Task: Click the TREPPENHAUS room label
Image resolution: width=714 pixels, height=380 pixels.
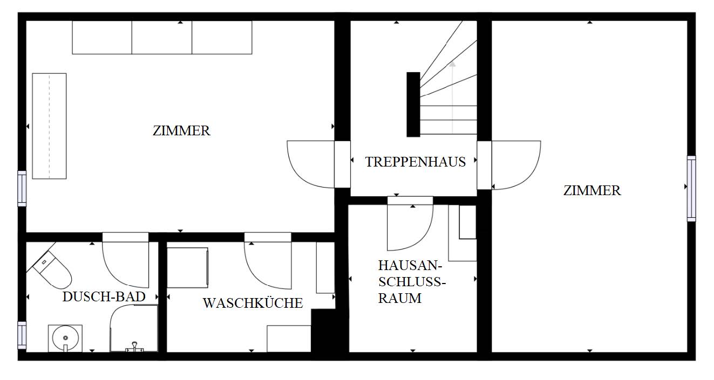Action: click(416, 162)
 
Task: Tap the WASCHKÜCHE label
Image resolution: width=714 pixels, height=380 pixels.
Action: click(253, 303)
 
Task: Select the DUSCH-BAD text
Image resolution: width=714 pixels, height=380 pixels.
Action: click(104, 296)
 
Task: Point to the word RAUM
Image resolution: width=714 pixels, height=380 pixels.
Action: click(400, 298)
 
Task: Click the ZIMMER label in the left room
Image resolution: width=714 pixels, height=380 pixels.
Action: click(181, 130)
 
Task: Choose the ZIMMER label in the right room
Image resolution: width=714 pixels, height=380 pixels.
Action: click(592, 190)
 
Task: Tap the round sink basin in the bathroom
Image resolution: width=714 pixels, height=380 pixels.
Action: click(65, 338)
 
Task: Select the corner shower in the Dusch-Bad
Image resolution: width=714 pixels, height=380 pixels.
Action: click(134, 328)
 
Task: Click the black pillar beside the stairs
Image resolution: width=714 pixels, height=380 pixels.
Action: click(413, 105)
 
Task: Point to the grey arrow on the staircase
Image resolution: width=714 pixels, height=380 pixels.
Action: click(452, 97)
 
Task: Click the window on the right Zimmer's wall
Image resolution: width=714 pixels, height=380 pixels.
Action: click(691, 189)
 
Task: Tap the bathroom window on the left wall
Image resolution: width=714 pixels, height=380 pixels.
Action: click(22, 335)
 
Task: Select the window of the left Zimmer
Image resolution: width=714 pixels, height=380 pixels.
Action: click(22, 189)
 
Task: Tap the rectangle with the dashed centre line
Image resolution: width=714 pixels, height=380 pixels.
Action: click(50, 126)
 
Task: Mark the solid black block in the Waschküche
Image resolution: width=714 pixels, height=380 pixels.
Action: click(323, 331)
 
